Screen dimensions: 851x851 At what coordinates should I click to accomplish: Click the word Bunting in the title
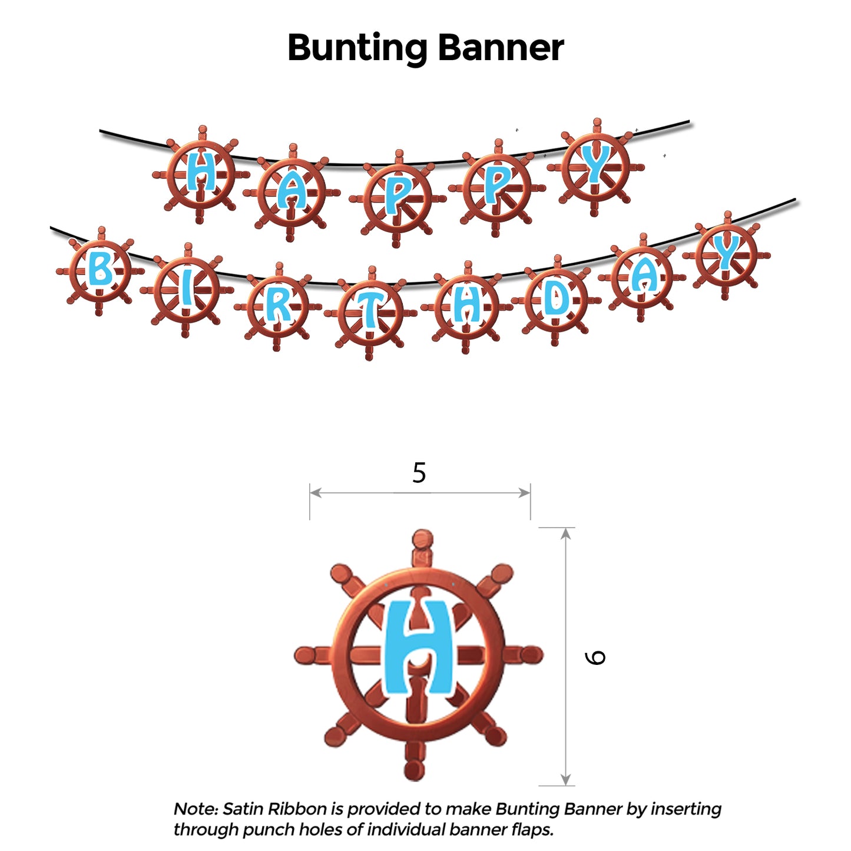point(357,48)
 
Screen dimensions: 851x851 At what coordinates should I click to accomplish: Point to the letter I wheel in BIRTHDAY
point(186,290)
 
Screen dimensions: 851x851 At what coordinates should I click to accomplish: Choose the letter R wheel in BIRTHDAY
point(277,307)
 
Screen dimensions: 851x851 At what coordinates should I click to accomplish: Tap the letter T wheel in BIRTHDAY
point(370,313)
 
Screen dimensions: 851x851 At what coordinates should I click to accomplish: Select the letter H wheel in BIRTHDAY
point(466,307)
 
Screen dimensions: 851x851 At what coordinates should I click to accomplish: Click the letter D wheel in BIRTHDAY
point(556,301)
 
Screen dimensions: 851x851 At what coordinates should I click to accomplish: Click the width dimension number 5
point(419,473)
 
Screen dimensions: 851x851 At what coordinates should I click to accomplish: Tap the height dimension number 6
point(595,657)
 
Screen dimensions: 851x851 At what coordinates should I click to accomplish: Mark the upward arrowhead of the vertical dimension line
point(565,534)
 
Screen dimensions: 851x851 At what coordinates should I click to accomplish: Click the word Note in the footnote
point(195,809)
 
